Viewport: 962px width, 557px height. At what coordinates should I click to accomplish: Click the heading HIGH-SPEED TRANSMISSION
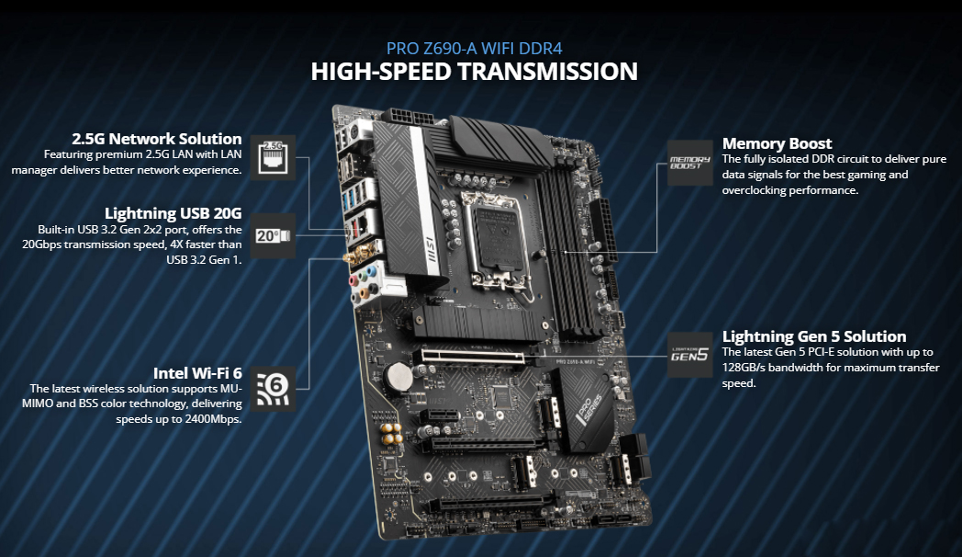[474, 72]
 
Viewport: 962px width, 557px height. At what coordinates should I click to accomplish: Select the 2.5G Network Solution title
[157, 139]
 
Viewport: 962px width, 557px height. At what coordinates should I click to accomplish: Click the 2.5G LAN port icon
[273, 156]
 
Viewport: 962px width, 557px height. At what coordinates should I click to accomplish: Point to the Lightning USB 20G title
[173, 213]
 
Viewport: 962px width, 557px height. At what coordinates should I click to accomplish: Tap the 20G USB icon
[273, 236]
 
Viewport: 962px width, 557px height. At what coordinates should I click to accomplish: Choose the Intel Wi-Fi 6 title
[197, 372]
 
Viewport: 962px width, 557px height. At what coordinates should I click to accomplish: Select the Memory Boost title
[777, 143]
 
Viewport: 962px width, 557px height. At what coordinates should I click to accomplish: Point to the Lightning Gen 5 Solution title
[814, 336]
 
